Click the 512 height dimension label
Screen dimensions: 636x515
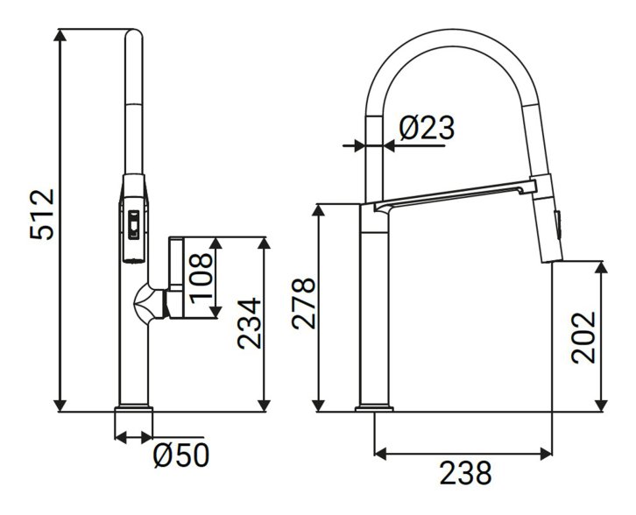pos(42,215)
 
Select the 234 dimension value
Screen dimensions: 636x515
pos(249,323)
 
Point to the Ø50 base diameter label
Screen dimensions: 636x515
pos(181,455)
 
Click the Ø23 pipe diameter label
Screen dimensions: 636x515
pos(427,127)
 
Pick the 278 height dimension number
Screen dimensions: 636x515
pos(303,303)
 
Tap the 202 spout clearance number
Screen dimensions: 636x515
pos(583,337)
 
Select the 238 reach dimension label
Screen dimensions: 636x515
pos(465,473)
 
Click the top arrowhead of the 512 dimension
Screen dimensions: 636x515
pos(60,35)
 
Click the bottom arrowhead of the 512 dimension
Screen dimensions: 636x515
pos(60,406)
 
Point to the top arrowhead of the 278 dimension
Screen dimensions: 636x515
pos(318,209)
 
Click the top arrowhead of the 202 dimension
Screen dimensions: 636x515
pos(602,268)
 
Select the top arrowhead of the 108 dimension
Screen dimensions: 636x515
pos(216,243)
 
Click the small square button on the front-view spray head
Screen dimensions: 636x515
pos(133,224)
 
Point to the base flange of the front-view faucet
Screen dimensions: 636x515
pos(134,408)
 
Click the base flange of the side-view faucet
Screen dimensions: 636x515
pos(374,408)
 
